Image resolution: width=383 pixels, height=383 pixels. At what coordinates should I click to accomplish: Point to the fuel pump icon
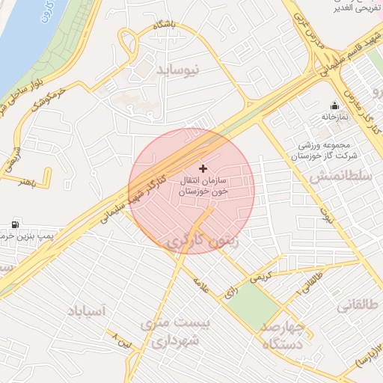pos(15,224)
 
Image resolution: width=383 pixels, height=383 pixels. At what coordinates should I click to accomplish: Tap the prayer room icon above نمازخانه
pos(334,105)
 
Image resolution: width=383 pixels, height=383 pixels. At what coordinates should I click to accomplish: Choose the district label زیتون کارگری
pos(199,242)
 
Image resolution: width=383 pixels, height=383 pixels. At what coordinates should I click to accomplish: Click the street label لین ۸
pos(120,337)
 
